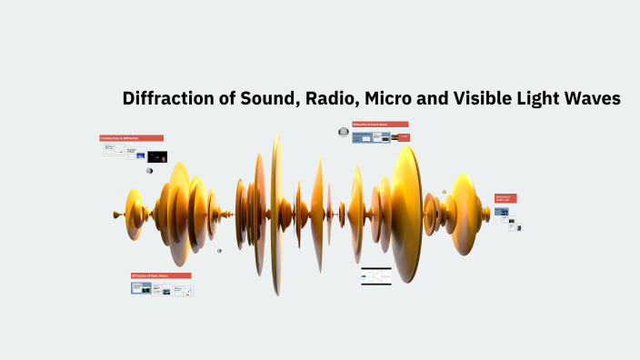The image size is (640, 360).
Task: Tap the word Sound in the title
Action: pyautogui.click(x=264, y=99)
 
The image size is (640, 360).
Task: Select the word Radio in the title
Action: pyautogui.click(x=331, y=99)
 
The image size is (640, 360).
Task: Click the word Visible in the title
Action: pyautogui.click(x=488, y=99)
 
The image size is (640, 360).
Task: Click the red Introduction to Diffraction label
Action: pyautogui.click(x=132, y=138)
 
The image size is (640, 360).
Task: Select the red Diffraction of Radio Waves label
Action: pyautogui.click(x=161, y=275)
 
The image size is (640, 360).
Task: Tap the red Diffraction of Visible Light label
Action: pyautogui.click(x=505, y=198)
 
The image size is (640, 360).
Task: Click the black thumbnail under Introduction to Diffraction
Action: pyautogui.click(x=157, y=156)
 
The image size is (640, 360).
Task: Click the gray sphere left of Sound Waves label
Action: pyautogui.click(x=344, y=132)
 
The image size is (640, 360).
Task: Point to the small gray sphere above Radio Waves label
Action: pyautogui.click(x=219, y=251)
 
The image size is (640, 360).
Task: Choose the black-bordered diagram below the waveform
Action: pyautogui.click(x=375, y=276)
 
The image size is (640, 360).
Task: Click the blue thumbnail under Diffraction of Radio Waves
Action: pyautogui.click(x=141, y=288)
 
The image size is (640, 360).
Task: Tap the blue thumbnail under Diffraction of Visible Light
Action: pyautogui.click(x=502, y=212)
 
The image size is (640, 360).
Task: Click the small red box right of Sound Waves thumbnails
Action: pyautogui.click(x=405, y=137)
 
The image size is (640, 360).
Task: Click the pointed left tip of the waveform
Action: pyautogui.click(x=114, y=215)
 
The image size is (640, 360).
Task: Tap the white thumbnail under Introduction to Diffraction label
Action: pyautogui.click(x=114, y=151)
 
